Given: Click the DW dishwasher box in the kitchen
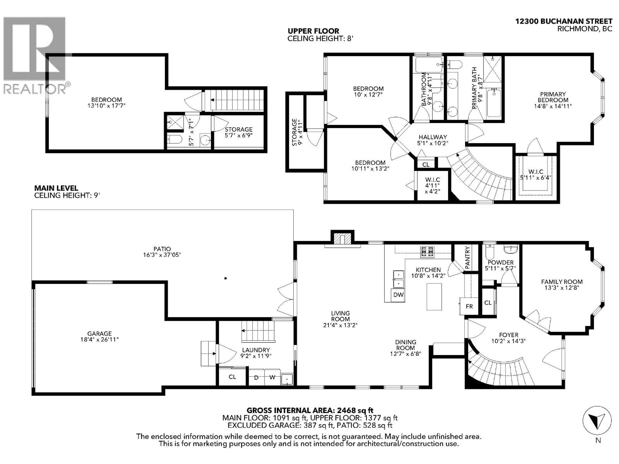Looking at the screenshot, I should point(398,295).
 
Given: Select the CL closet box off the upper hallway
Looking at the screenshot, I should point(426,164).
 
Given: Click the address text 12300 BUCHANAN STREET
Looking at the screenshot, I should point(564,21).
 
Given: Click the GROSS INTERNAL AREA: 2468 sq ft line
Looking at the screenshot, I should point(310,410).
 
